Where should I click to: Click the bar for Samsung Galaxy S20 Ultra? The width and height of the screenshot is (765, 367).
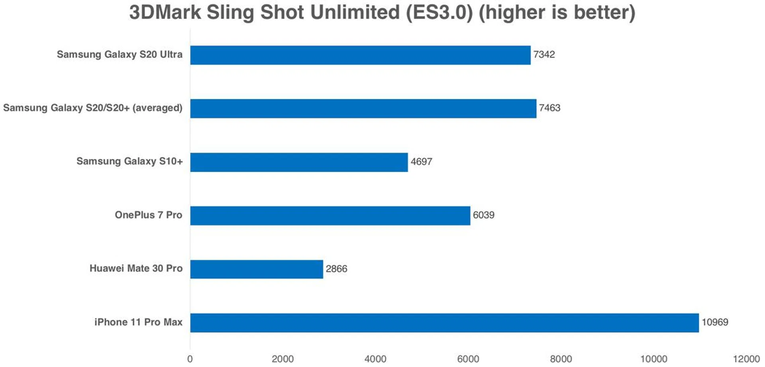click(360, 55)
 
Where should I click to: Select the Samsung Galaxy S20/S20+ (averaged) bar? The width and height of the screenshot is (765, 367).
click(363, 109)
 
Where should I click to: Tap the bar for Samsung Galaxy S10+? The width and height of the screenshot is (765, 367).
click(299, 162)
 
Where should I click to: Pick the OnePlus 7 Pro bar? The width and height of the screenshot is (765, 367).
click(330, 216)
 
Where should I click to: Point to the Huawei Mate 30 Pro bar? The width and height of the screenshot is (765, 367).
click(256, 269)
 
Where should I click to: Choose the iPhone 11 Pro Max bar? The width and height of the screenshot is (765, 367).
click(444, 323)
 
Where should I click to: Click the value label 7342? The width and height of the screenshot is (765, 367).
click(544, 55)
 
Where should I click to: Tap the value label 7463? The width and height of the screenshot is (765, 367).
click(549, 108)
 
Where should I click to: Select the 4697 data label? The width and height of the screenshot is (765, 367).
click(421, 162)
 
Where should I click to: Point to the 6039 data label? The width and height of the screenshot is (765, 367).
click(483, 215)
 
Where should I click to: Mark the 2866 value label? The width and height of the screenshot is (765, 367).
click(336, 269)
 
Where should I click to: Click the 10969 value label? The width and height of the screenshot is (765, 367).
click(715, 322)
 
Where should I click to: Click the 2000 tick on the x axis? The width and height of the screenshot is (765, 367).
click(282, 359)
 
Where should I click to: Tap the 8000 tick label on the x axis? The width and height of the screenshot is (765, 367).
click(561, 359)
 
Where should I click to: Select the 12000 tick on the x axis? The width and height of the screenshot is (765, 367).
click(746, 359)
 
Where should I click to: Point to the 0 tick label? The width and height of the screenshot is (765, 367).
click(190, 359)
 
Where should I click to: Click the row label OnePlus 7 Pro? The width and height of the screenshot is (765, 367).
click(148, 215)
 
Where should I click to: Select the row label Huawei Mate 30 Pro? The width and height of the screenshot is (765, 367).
click(136, 268)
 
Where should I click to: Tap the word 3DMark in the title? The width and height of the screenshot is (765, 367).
click(165, 12)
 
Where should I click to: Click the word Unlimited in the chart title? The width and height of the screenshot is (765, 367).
click(355, 12)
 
